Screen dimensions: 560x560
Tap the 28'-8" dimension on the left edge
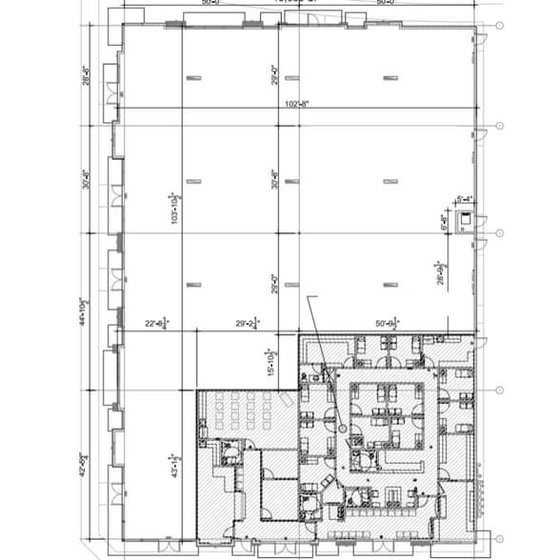(86, 72)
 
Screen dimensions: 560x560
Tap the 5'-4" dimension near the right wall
(466, 199)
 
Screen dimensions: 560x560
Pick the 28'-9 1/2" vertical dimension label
(440, 272)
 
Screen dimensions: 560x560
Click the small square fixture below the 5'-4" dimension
(465, 218)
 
